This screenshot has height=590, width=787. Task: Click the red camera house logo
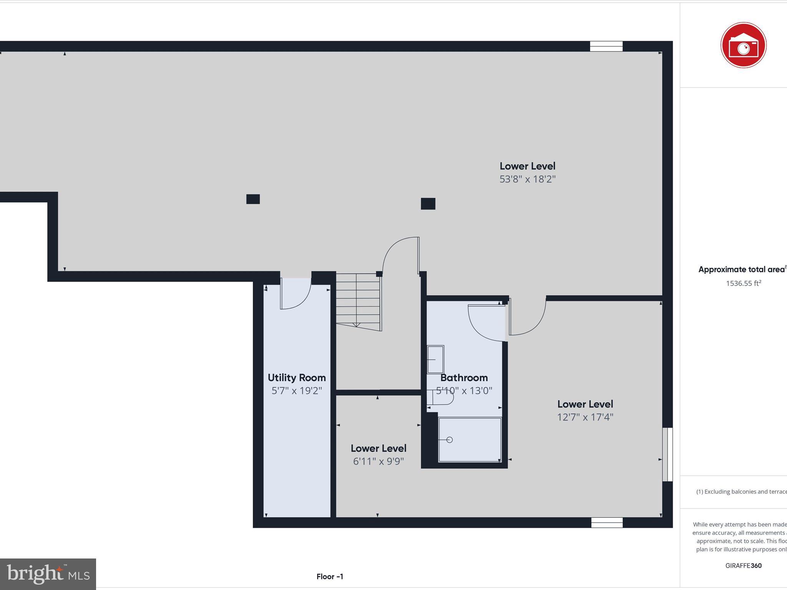[x=743, y=45]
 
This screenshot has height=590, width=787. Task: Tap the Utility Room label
[x=297, y=378]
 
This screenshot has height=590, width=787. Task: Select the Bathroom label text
[x=464, y=378]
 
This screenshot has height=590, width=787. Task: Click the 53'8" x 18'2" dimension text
[x=527, y=179]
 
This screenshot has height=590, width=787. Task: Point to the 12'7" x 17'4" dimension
[x=585, y=417]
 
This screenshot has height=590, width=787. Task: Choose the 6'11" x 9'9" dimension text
[x=378, y=461]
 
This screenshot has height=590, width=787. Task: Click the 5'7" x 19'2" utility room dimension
[x=297, y=391]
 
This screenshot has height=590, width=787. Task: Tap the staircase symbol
[x=359, y=302]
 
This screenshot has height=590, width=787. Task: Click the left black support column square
[x=253, y=199]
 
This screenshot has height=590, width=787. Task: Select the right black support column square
[x=428, y=204]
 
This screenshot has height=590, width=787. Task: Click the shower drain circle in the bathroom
[x=450, y=440]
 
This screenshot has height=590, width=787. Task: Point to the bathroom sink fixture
[x=435, y=360]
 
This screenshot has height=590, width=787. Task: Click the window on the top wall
[x=606, y=46]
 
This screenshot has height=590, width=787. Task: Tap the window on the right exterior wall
[x=667, y=454]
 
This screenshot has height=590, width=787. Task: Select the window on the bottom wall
[x=607, y=522]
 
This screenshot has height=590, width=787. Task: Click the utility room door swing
[x=295, y=294]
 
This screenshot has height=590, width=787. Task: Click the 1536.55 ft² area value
[x=743, y=283]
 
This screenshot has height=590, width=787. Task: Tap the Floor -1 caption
[x=330, y=576]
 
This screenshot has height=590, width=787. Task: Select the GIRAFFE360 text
[x=743, y=565]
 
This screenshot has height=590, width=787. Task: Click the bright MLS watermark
[x=48, y=574]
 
